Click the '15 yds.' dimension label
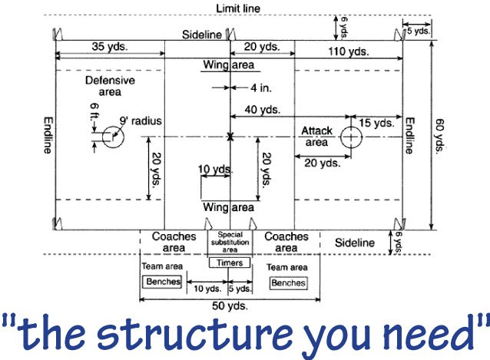[378, 122]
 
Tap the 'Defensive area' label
[110, 85]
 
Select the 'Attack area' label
[316, 136]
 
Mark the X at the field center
[230, 137]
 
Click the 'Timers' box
[230, 263]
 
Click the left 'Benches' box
[162, 282]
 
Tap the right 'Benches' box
[288, 282]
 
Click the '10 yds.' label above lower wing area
[214, 169]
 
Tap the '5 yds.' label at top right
[419, 31]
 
